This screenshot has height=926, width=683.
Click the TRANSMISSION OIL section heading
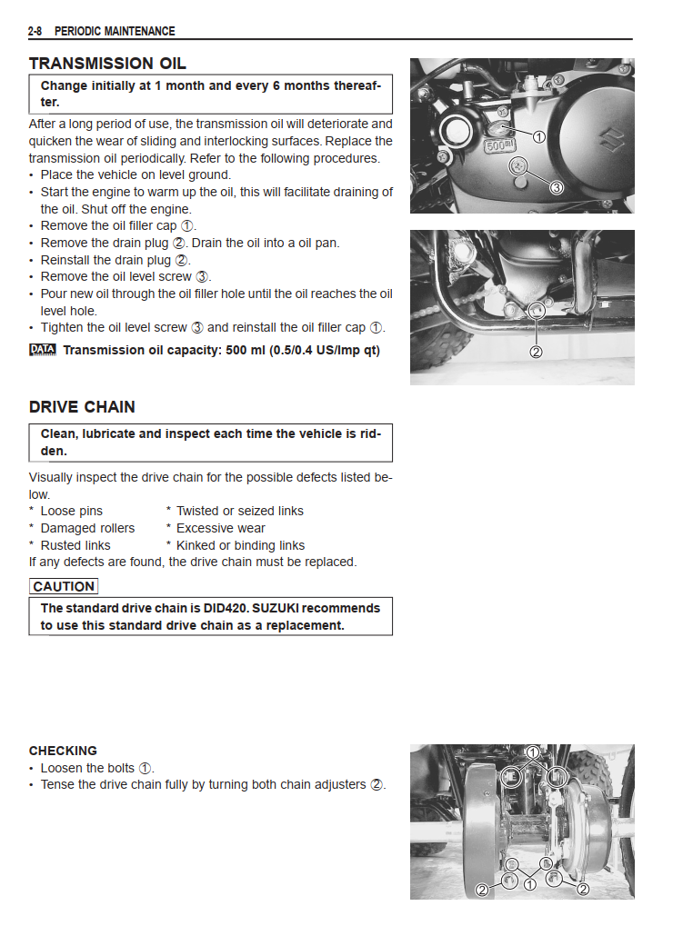tap(107, 64)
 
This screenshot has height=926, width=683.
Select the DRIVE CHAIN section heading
tap(82, 407)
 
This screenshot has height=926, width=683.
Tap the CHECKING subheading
tap(63, 751)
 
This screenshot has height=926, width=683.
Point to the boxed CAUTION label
tap(63, 587)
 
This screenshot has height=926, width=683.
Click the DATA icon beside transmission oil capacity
tap(42, 350)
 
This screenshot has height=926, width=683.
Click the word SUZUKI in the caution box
tap(314, 608)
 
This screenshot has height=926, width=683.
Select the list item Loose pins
tap(71, 511)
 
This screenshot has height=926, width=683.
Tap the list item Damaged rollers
tap(86, 528)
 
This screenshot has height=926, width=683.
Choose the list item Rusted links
tap(75, 545)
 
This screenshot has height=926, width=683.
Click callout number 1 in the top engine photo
tap(537, 137)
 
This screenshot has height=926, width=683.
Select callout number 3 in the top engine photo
tap(557, 186)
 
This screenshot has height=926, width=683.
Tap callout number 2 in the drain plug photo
tap(536, 352)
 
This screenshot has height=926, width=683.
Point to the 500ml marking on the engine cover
tap(499, 145)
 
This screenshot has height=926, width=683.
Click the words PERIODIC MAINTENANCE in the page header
tap(115, 32)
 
